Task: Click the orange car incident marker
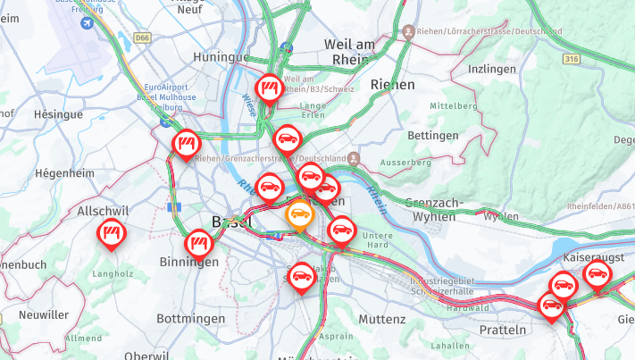[299, 213]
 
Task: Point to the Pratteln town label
[503, 330]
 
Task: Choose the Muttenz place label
[381, 319]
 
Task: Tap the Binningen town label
[188, 262]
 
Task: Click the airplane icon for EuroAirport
[86, 24]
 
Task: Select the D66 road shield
[143, 38]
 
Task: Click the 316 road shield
[572, 59]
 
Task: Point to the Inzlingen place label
[494, 69]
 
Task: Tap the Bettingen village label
[432, 136]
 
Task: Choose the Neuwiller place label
[43, 314]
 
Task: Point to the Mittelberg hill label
[455, 105]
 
